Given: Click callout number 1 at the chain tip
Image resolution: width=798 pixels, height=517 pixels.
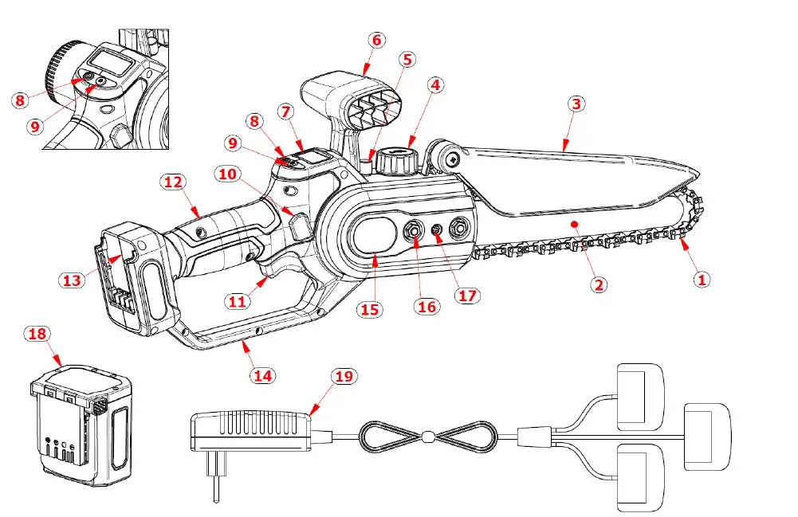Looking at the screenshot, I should [702, 279].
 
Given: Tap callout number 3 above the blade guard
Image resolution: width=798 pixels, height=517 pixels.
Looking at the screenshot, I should [577, 104].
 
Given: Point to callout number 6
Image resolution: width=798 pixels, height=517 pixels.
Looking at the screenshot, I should [377, 39].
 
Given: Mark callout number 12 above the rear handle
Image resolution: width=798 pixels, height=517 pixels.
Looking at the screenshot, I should [173, 182].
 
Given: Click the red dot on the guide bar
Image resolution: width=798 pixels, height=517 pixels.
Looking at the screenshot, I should [572, 225].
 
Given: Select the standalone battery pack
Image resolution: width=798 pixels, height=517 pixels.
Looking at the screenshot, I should [80, 426].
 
